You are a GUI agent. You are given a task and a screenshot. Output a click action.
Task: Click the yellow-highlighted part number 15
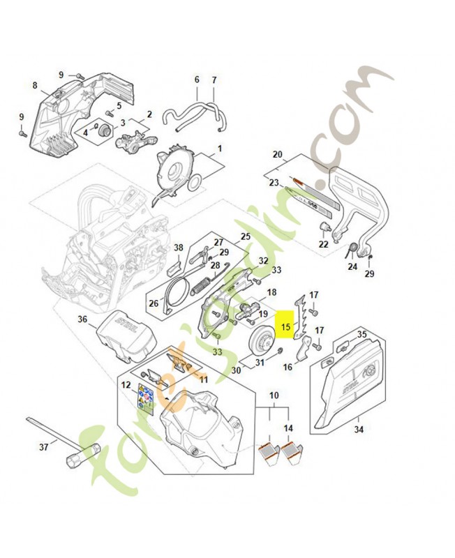(285, 326)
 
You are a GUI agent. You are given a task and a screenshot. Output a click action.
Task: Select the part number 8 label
(34, 86)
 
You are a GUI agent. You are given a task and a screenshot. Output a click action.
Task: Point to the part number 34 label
(358, 429)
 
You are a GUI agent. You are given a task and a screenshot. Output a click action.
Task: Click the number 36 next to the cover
(82, 319)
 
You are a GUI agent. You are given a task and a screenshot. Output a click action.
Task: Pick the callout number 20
(277, 154)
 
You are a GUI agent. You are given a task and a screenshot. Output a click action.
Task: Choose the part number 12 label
(126, 384)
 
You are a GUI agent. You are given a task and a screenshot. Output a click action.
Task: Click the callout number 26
(154, 303)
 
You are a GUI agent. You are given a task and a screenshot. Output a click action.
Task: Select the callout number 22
(323, 244)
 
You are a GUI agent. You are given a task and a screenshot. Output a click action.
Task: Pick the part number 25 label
(245, 236)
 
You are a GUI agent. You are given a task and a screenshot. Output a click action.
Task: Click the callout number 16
(288, 366)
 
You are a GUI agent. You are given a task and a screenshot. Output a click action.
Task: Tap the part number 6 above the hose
(197, 80)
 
